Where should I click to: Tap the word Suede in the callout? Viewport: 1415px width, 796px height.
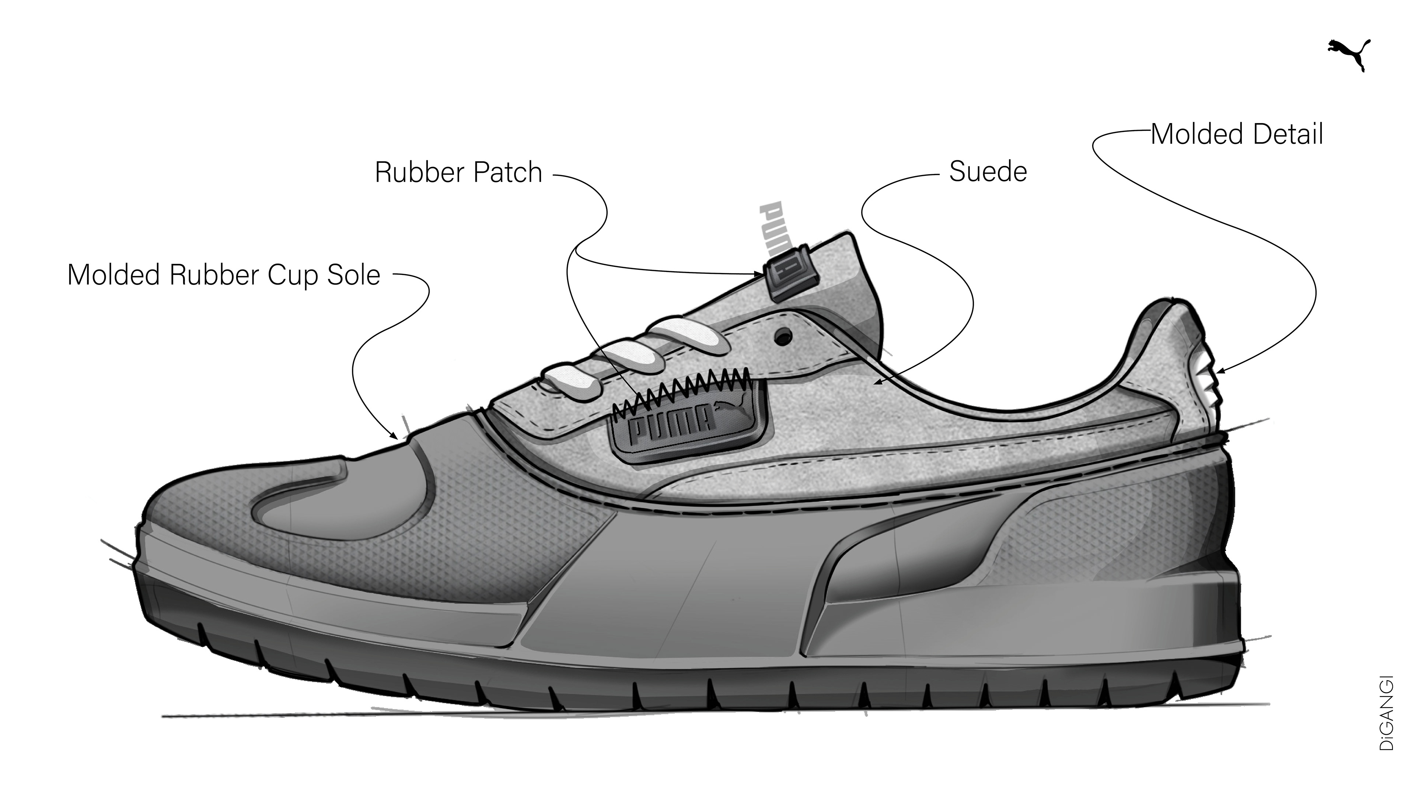pos(988,172)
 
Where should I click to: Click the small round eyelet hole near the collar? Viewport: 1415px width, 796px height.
pos(784,335)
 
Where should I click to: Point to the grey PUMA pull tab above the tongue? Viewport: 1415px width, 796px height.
pos(776,227)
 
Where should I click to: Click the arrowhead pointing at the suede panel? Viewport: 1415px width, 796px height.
pos(877,383)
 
